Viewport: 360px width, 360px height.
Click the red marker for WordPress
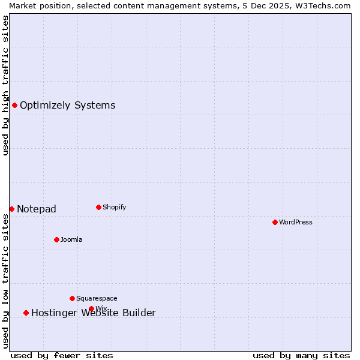pos(275,222)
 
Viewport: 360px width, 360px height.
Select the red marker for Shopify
pos(98,207)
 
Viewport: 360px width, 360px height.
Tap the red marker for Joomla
pos(56,239)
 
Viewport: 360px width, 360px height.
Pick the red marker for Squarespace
pos(72,298)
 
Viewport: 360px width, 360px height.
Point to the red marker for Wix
pos(91,308)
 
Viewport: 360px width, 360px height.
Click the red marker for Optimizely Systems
pos(14,105)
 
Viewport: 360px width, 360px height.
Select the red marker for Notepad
pos(11,209)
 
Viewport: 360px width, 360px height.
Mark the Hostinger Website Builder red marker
pos(26,313)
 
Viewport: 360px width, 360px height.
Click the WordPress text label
pos(296,222)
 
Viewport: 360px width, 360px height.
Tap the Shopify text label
pos(115,207)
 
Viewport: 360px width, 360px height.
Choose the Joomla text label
pos(71,239)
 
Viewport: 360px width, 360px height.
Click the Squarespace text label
pos(97,298)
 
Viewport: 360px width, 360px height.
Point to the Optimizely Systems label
pos(68,106)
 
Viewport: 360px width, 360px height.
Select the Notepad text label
pos(37,209)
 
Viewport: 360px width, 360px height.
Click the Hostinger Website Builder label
pos(94,313)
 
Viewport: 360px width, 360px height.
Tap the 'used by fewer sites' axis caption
pos(62,355)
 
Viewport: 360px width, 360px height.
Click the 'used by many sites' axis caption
pos(301,355)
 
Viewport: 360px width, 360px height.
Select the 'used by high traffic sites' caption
pos(5,85)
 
